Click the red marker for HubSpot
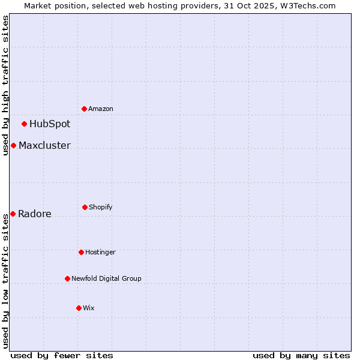pyautogui.click(x=25, y=124)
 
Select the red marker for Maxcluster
pyautogui.click(x=13, y=146)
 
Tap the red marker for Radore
pyautogui.click(x=13, y=214)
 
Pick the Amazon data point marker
pyautogui.click(x=85, y=109)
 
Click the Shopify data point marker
pyautogui.click(x=85, y=207)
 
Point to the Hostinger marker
pyautogui.click(x=81, y=252)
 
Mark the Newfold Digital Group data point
pyautogui.click(x=67, y=278)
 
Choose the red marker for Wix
pyautogui.click(x=79, y=308)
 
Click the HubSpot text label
pyautogui.click(x=50, y=124)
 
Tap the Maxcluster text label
pyautogui.click(x=44, y=146)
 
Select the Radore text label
pyautogui.click(x=35, y=214)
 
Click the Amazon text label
pyautogui.click(x=101, y=109)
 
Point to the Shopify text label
pyautogui.click(x=101, y=207)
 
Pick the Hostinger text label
pyautogui.click(x=100, y=252)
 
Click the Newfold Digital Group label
pyautogui.click(x=106, y=278)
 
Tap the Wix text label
pyautogui.click(x=89, y=308)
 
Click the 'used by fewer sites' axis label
pyautogui.click(x=62, y=355)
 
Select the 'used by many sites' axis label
pyautogui.click(x=301, y=355)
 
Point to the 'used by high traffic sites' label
pyautogui.click(x=5, y=85)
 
